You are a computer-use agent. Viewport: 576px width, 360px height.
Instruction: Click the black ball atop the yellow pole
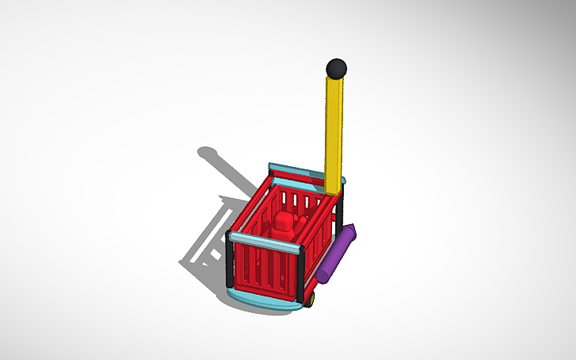tap(337, 68)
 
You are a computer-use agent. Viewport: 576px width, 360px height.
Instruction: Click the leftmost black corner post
tap(230, 262)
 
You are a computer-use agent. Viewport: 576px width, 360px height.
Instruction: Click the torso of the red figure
tap(282, 233)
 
